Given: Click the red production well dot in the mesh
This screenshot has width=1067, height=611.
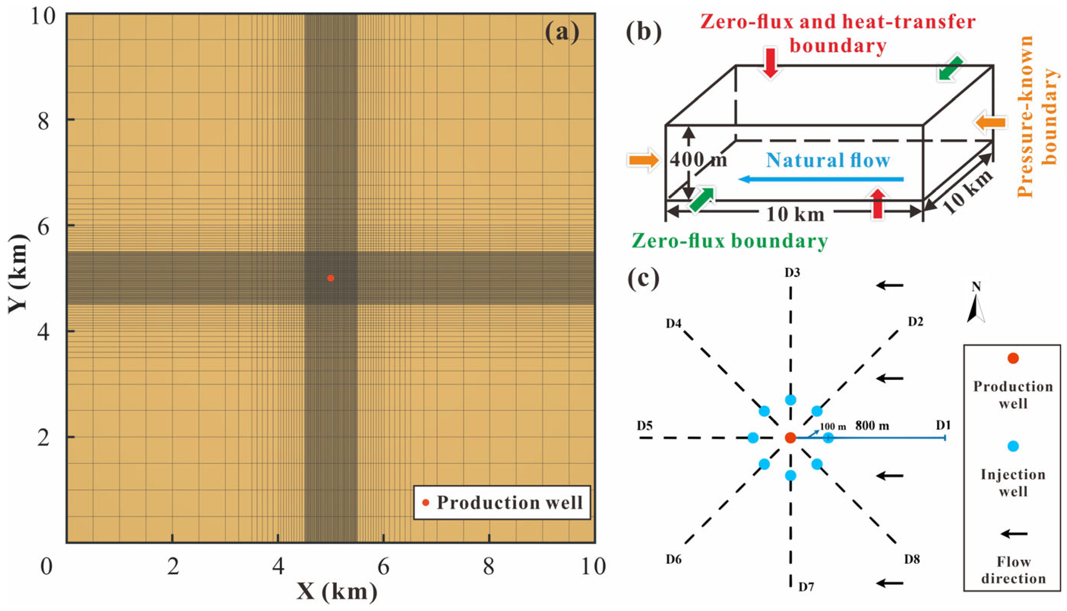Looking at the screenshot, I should (x=331, y=278).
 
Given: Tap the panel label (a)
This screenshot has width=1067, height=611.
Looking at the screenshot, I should (x=562, y=32).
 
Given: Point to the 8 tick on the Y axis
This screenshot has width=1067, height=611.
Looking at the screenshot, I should (x=44, y=122).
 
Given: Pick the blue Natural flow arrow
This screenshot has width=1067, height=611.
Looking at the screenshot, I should (x=821, y=180).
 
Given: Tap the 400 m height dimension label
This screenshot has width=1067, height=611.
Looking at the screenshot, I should (x=698, y=160).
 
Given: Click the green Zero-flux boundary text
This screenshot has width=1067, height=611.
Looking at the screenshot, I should (x=729, y=241).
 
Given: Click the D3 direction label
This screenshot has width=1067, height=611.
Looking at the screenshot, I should (x=792, y=273).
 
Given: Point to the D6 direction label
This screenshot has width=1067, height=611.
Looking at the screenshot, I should (x=673, y=559).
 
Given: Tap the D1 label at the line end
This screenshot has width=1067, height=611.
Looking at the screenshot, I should (x=943, y=425).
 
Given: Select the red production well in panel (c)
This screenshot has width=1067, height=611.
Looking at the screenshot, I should (x=791, y=438).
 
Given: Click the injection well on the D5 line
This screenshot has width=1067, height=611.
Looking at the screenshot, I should (x=753, y=438).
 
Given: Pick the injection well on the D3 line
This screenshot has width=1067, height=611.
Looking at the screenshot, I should (x=791, y=400).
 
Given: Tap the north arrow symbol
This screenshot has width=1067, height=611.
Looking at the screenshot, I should (x=976, y=309).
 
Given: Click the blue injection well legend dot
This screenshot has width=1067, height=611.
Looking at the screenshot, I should (x=1013, y=446).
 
